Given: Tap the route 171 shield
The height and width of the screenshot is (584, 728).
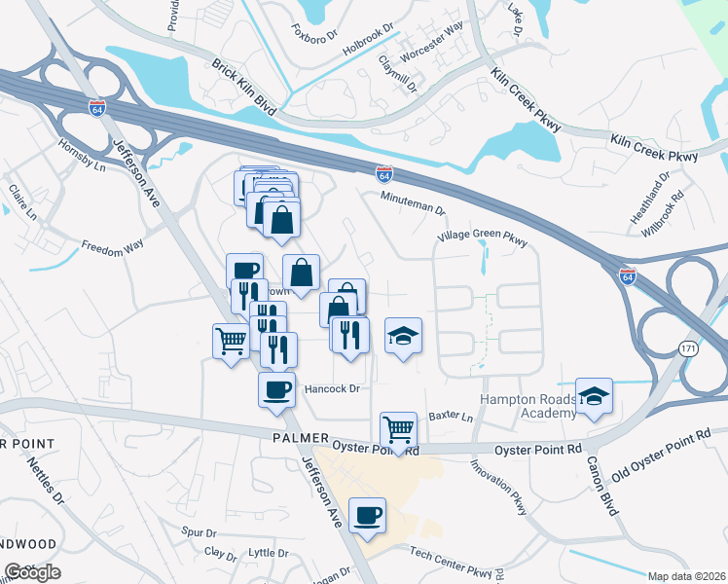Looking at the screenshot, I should pos(690,348).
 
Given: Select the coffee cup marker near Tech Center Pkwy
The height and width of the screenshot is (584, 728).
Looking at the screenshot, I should pos(367,515).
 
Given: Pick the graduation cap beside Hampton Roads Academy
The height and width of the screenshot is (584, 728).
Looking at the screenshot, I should pos(594,395).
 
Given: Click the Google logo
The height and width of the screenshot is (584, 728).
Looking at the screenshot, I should pos(32,572).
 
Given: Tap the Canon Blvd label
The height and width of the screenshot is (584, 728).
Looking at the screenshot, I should pos(603,486).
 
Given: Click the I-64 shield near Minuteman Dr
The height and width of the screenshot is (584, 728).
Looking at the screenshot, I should pos(385,174).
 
